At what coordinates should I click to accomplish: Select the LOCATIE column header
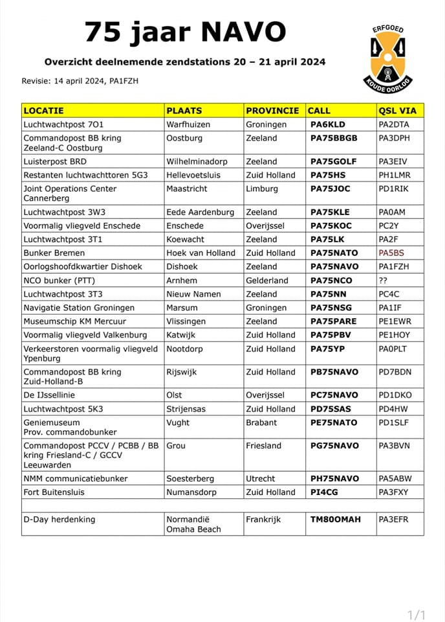(43, 111)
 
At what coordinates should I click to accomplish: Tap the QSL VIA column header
(396, 111)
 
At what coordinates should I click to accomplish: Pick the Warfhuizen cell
(188, 124)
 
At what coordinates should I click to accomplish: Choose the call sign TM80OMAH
(336, 520)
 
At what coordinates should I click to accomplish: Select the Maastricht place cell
(188, 189)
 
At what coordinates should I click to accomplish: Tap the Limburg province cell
(261, 189)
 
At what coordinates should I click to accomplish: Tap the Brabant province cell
(261, 422)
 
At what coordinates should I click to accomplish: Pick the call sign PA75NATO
(334, 253)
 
